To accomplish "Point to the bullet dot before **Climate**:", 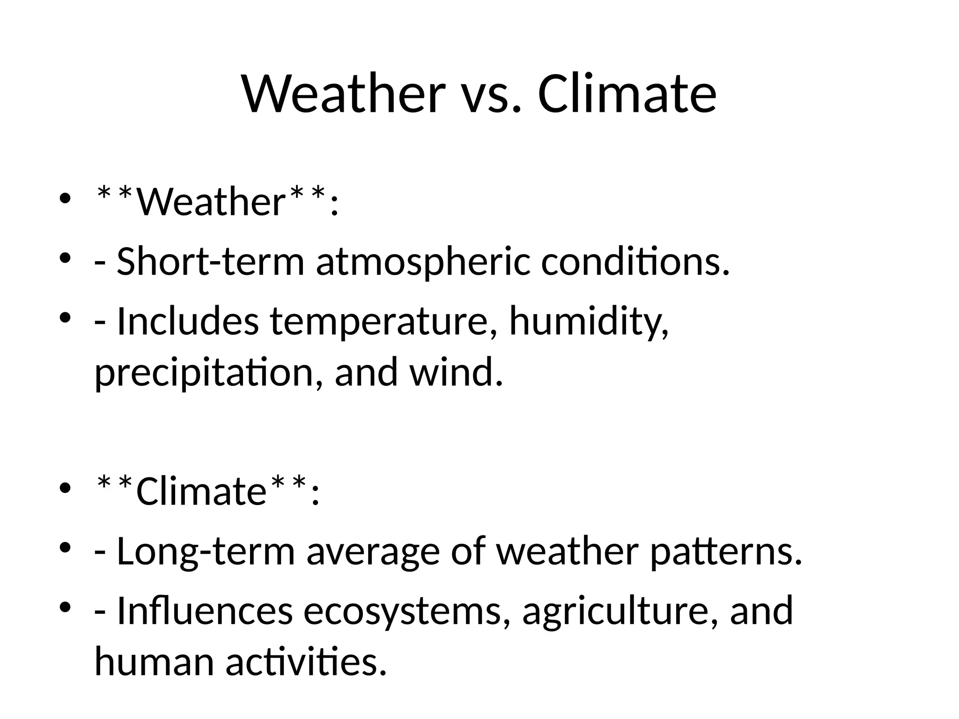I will coord(65,488).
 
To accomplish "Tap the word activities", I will coord(306,662).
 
